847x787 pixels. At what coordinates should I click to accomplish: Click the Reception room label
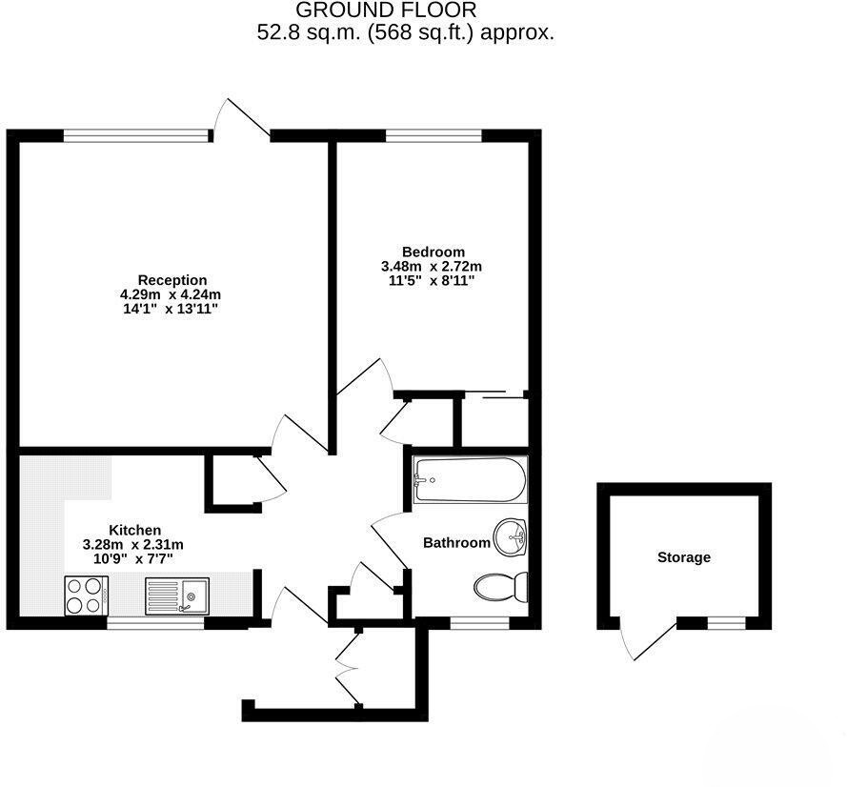click(x=172, y=280)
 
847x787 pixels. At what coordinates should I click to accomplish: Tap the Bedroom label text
click(x=434, y=252)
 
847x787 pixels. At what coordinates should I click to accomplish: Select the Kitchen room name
click(x=135, y=530)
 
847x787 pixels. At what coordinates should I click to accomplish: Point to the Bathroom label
click(x=456, y=543)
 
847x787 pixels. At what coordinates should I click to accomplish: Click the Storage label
click(x=684, y=557)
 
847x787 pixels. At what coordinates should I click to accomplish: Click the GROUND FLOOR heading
click(x=386, y=10)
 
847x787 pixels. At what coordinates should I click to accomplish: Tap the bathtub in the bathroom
click(x=470, y=479)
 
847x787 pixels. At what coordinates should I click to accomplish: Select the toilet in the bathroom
click(x=501, y=587)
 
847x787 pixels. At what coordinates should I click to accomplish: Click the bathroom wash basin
click(x=511, y=537)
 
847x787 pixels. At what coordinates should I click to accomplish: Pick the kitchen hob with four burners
click(x=87, y=595)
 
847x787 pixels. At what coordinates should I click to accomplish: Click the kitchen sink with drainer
click(x=177, y=596)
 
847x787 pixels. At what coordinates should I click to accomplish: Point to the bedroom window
click(x=434, y=135)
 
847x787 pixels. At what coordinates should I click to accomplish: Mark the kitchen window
click(x=155, y=623)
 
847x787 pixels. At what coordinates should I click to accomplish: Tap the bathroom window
click(x=479, y=623)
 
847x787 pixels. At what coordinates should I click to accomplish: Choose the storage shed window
click(x=727, y=623)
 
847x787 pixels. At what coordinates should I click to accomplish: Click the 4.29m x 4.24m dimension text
click(x=171, y=295)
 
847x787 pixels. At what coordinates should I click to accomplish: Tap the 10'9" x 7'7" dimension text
click(x=133, y=559)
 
